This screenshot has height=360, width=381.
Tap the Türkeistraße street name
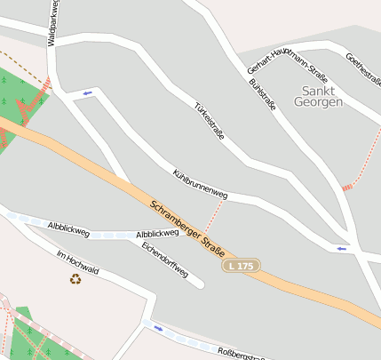[x=210, y=119]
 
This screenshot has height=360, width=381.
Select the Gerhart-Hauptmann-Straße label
[x=282, y=57]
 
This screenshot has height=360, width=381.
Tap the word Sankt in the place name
[x=319, y=91]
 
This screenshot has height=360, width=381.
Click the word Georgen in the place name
[x=322, y=102]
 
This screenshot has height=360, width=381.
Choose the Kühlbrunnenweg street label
[x=200, y=181]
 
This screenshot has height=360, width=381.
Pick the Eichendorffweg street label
[x=165, y=259]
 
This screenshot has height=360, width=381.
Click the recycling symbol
[x=75, y=279]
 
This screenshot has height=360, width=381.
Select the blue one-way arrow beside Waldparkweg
[x=87, y=92]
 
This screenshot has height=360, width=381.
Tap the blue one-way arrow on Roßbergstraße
[x=158, y=328]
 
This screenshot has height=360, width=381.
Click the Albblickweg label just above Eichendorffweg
[x=158, y=234]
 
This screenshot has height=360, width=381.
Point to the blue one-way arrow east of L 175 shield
[x=341, y=249]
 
